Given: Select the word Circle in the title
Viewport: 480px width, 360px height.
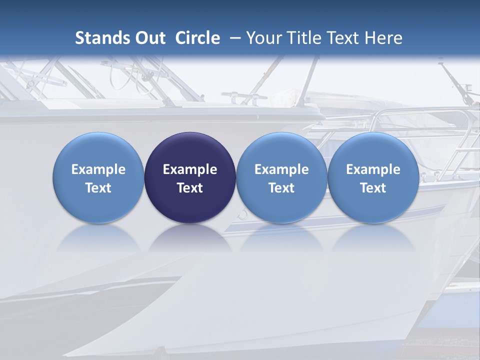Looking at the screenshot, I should click(x=197, y=38).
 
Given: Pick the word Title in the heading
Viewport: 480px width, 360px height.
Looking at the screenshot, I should click(x=304, y=38).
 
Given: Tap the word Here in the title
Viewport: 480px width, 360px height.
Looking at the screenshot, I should click(x=383, y=38).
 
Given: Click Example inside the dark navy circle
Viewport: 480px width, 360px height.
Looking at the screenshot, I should click(x=190, y=169).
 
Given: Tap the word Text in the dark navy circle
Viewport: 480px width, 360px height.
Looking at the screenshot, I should click(x=190, y=188).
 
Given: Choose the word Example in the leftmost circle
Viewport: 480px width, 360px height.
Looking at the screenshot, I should click(x=98, y=169).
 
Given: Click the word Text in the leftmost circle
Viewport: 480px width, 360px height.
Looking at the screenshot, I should click(x=98, y=188).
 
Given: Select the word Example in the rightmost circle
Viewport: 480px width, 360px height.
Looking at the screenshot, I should click(x=373, y=169).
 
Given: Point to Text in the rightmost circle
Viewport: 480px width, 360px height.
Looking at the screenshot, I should click(x=373, y=188).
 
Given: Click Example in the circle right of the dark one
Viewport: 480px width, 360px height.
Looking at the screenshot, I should click(x=281, y=169).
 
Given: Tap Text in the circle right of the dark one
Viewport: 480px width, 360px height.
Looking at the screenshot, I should click(x=281, y=188).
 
